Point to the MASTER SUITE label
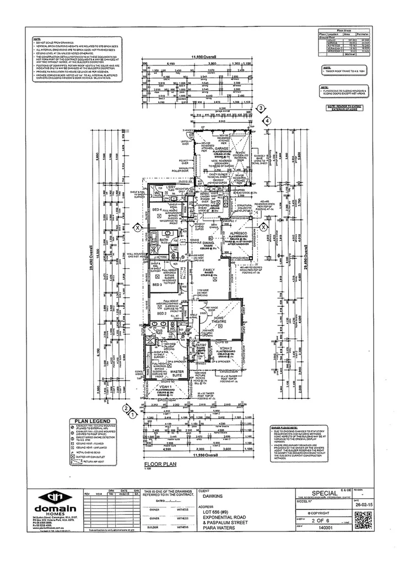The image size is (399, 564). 177,374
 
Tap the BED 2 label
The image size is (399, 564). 161,313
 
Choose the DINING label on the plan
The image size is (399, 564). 208,242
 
